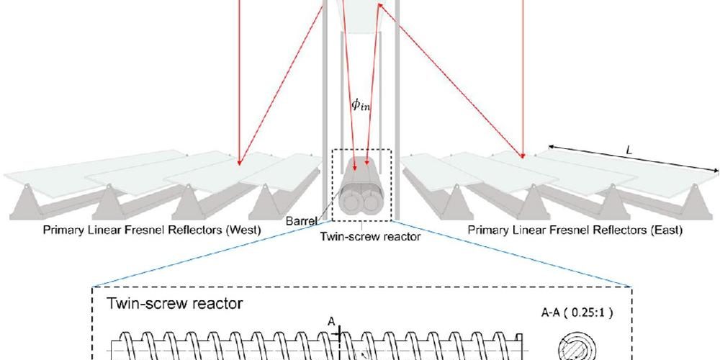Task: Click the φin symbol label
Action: pos(361,104)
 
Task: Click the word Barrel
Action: pos(301,221)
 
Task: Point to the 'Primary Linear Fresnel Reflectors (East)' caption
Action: pos(575,230)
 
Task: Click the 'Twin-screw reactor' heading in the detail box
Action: pos(174,305)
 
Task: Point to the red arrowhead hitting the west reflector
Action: pos(240,162)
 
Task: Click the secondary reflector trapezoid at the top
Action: pos(360,16)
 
